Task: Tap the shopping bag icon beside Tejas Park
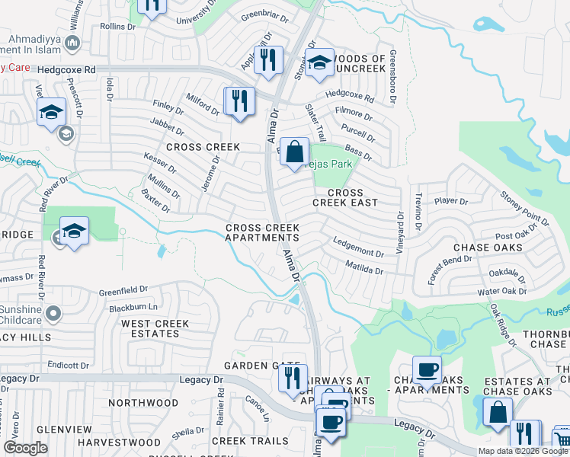pos(294,152)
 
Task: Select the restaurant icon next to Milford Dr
pos(239,101)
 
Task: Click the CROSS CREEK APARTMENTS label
pos(261,233)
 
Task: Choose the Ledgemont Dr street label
pos(358,247)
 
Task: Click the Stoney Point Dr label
pos(524,209)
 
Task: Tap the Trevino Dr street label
pos(418,213)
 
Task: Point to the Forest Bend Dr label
pos(450,270)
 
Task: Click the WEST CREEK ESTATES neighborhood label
pos(155,329)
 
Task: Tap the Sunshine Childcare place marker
pos(53,313)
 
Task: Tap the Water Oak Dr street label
pos(501,291)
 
